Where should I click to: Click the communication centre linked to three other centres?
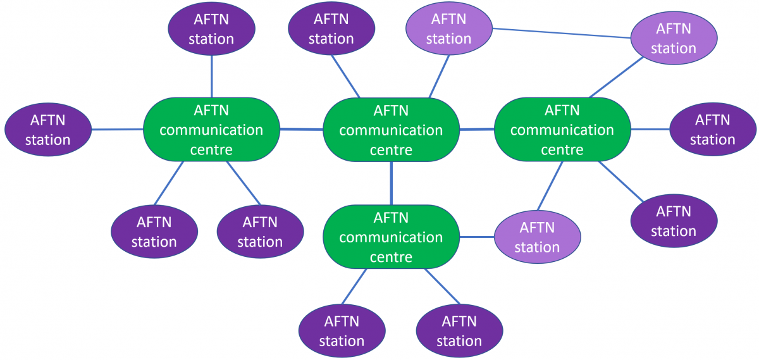[391, 130]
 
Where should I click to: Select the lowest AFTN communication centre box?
[391, 237]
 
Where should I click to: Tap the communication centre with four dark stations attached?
[212, 130]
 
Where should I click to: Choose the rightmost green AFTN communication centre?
[562, 130]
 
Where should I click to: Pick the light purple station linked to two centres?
[537, 237]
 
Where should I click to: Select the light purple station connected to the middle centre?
[448, 29]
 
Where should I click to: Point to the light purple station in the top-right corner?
[674, 38]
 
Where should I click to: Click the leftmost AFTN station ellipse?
[48, 130]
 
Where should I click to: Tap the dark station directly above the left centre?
[211, 29]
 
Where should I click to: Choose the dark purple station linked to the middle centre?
[331, 29]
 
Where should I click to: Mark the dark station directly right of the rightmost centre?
[713, 130]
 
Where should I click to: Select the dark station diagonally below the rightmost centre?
[674, 221]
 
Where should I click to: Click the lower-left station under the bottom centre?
[342, 331]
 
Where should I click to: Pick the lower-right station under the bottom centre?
[459, 331]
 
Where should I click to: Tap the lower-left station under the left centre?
[154, 232]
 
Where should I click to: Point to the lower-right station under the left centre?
[260, 232]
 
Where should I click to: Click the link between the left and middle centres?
[301, 130]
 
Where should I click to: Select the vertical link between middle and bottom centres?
[391, 183]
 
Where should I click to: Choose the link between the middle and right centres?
[477, 129]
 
